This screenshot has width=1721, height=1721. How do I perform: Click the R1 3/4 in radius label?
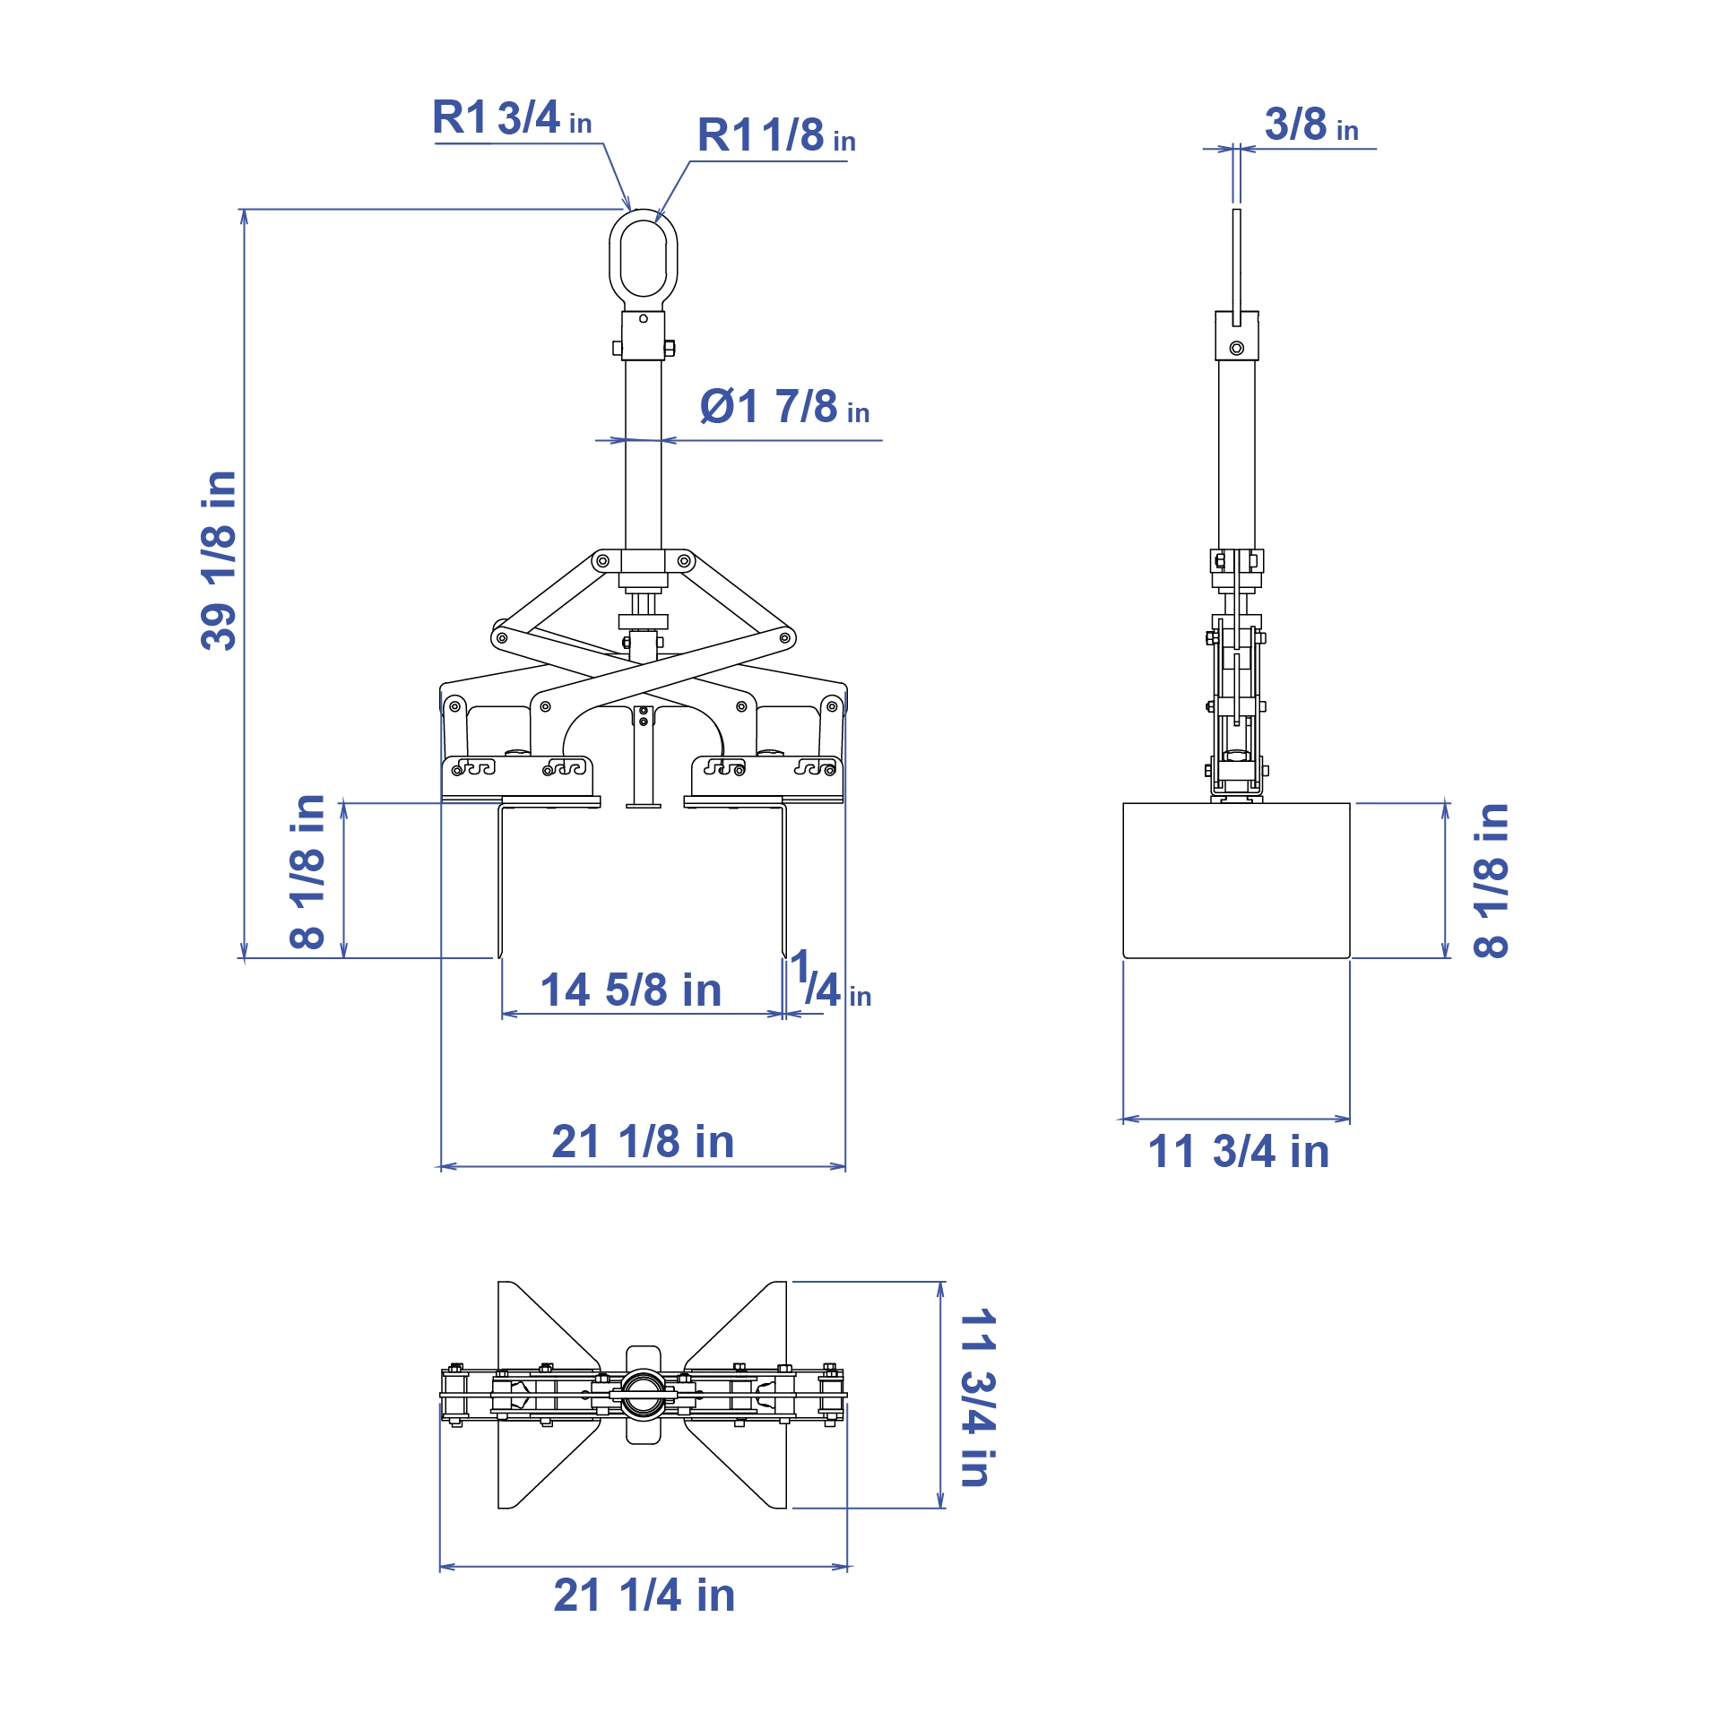511,118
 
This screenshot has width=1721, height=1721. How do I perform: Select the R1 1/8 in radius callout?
775,136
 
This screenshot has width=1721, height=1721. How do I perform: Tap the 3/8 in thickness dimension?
1310,125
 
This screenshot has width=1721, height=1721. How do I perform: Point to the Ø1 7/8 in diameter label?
783,408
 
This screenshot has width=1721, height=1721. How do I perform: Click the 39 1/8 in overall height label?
218,559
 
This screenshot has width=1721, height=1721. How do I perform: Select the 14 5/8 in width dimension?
630,990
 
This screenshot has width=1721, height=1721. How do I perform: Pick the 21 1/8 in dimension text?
642,1142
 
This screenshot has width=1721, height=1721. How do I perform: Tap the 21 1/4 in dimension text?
644,1596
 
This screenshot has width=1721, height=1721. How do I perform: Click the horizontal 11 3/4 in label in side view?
1238,1152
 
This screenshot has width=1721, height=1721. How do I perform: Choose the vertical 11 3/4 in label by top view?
978,1398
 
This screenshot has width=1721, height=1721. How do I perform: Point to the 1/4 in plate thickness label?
828,982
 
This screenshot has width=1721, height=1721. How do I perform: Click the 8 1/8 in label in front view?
307,871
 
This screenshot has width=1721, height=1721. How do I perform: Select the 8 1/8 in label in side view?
1491,880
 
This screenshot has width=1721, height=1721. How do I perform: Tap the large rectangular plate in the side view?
1236,880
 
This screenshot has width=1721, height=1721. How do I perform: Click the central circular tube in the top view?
643,1395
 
